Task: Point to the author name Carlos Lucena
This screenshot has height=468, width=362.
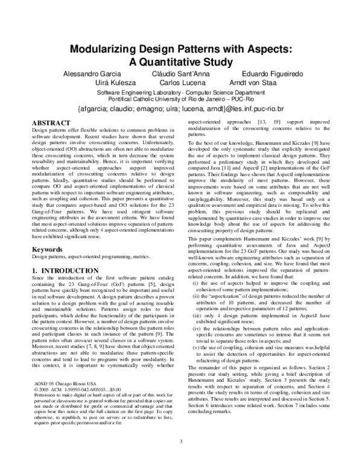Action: tap(182, 83)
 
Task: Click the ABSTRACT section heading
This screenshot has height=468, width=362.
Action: tap(49, 122)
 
